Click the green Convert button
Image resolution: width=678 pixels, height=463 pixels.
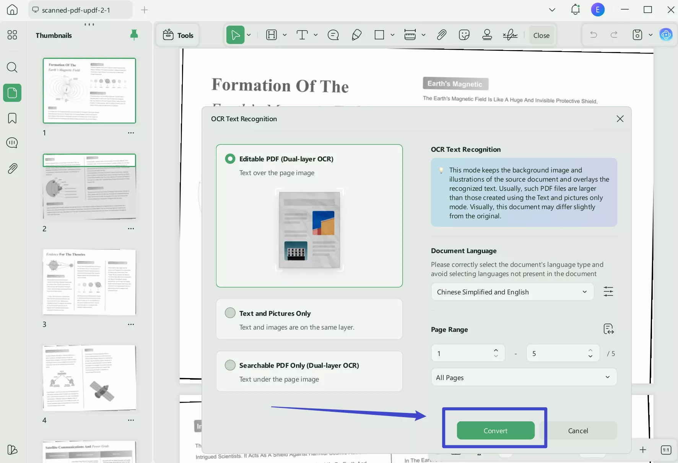495,431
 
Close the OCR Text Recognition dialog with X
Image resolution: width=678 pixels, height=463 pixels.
620,119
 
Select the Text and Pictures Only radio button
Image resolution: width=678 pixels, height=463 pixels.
230,313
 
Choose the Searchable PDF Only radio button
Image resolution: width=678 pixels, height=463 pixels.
230,365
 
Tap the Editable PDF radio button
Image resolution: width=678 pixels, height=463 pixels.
230,159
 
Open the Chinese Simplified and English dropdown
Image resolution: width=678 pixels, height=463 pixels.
512,292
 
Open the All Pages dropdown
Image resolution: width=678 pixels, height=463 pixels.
524,377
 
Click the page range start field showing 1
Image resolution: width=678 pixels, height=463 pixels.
463,353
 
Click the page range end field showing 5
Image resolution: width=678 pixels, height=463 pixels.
558,353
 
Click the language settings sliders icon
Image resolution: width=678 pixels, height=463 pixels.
608,292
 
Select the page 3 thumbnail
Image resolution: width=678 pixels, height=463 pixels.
89,282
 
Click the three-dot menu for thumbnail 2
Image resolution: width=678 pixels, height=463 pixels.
131,229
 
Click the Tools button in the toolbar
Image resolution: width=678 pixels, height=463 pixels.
178,35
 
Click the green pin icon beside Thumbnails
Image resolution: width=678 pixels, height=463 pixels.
134,35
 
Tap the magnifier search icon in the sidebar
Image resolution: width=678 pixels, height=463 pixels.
12,68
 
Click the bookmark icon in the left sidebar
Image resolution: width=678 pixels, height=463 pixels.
12,118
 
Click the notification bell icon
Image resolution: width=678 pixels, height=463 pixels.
575,10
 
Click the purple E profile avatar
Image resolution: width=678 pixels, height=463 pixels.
598,10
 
